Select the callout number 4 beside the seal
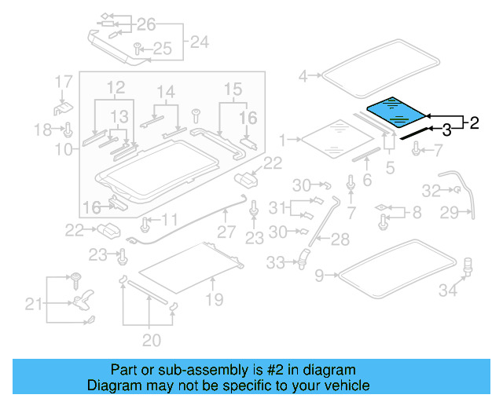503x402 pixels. (303, 76)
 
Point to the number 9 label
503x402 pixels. (318, 276)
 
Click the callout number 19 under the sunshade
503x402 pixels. (214, 299)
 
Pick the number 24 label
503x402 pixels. (200, 42)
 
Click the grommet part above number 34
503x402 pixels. (468, 265)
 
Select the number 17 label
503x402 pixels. (64, 81)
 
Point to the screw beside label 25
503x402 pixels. (138, 49)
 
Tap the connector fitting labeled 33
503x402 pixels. (302, 258)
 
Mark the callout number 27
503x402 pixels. (226, 232)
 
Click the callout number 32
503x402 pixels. (431, 190)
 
